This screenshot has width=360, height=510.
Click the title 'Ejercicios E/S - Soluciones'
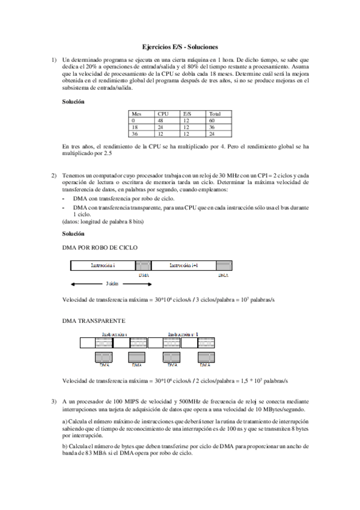180,46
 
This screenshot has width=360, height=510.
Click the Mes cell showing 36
135,134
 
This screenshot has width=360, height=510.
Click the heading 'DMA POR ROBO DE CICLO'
100,247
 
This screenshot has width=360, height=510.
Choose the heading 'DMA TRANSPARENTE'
94,321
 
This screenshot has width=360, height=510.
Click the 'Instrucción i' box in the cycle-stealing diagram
103,265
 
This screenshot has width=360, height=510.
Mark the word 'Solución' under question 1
73,102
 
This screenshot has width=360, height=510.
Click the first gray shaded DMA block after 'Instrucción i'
143,265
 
